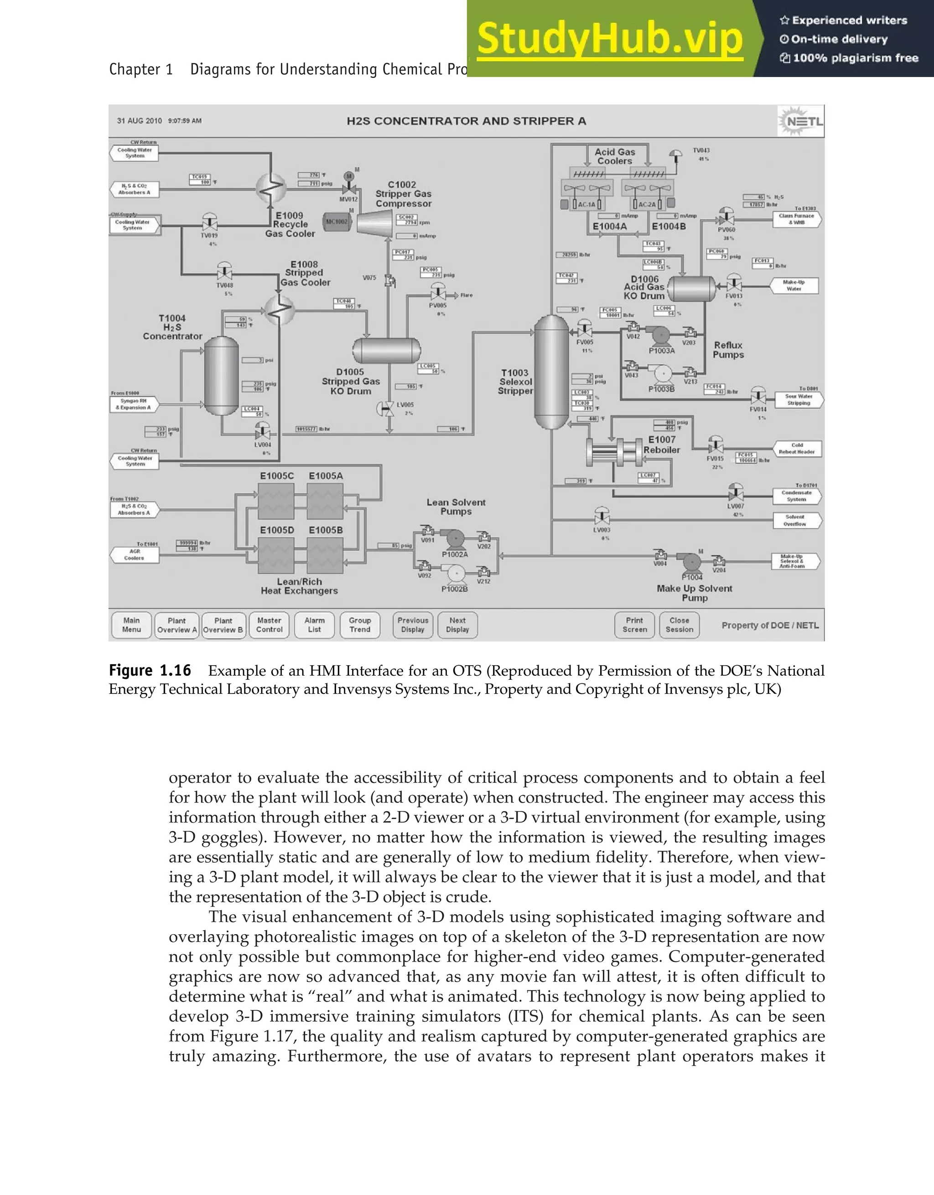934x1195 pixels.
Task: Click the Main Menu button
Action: point(131,625)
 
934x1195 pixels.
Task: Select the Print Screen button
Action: point(634,625)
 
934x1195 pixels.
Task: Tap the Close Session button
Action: point(679,625)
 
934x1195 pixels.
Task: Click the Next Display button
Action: point(457,625)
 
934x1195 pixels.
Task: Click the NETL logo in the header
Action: point(800,121)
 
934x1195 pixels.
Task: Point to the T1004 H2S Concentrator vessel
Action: point(221,377)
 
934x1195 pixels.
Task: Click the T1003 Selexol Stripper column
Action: point(551,372)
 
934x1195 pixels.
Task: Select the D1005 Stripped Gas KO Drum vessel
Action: point(386,350)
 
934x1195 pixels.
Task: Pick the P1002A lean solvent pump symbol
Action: point(455,539)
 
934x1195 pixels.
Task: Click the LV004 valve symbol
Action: point(263,433)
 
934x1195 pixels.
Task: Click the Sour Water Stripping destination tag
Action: point(798,399)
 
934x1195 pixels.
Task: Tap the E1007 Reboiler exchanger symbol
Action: point(613,452)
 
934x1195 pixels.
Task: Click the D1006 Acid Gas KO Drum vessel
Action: point(692,288)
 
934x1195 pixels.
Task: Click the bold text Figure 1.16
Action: point(150,670)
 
